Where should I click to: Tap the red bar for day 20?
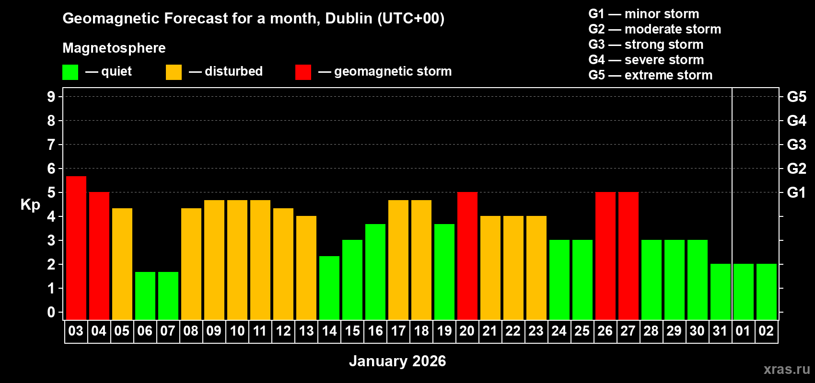(467, 256)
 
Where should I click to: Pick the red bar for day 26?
(605, 256)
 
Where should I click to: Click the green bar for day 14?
(329, 287)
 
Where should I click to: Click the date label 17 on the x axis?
(398, 331)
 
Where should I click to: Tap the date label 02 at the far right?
(766, 331)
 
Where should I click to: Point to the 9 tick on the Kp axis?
(51, 97)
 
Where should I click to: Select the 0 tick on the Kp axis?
(51, 312)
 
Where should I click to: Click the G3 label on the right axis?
(796, 145)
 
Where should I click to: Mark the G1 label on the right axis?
(796, 192)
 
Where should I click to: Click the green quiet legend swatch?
(70, 72)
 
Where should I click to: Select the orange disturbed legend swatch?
(174, 72)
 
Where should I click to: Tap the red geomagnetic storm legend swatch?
(303, 72)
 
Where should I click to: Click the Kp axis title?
(30, 204)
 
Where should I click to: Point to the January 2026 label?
(397, 361)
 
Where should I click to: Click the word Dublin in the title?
(349, 18)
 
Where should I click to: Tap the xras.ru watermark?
(787, 369)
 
